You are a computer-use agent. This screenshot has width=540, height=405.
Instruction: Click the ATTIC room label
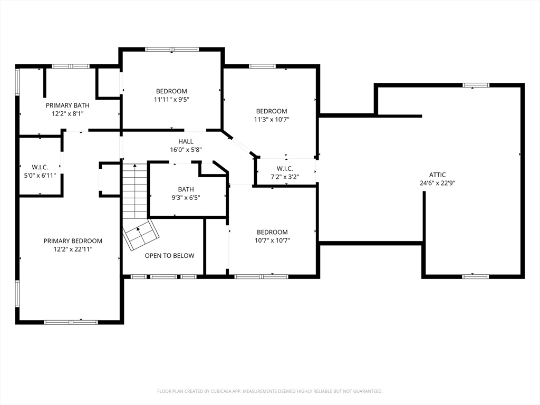437,175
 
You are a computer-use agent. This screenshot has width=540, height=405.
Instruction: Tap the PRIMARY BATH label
67,105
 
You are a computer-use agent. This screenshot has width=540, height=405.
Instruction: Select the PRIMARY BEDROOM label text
73,240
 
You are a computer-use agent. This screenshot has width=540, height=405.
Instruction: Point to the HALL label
186,141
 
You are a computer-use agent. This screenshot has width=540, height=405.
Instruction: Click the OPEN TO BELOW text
169,256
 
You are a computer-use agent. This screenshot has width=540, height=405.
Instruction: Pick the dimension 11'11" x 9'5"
171,100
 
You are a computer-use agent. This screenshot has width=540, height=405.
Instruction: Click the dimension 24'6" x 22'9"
437,183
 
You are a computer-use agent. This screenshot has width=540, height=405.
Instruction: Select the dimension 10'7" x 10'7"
272,240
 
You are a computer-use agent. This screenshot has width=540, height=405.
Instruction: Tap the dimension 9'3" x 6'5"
186,198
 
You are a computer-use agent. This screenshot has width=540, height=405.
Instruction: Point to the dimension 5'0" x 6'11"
40,176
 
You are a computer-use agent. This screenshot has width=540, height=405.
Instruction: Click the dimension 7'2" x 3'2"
285,177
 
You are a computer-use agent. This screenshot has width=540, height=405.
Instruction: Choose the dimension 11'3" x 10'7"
272,120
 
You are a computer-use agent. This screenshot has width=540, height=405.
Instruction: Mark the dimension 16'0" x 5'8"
186,150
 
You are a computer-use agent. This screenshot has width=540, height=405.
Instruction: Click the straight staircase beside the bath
135,190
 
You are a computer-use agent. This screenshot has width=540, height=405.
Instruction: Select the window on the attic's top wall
476,85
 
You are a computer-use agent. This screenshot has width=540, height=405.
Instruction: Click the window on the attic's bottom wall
475,276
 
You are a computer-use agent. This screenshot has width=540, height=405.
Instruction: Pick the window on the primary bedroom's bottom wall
71,322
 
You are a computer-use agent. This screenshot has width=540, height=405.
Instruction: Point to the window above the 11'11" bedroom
172,49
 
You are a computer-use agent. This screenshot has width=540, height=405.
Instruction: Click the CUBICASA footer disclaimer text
269,391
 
